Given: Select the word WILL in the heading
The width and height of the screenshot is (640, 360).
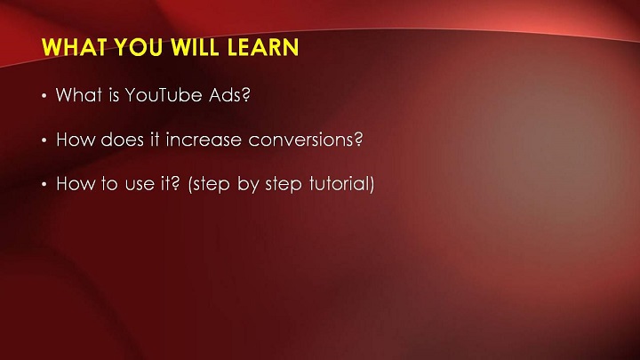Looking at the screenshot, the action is coord(195,47).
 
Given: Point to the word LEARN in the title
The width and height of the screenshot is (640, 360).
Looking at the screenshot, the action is coord(263,47).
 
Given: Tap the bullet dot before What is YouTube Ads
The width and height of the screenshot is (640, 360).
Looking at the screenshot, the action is coord(44,96).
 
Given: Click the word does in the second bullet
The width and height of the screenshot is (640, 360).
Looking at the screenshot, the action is coord(122,140).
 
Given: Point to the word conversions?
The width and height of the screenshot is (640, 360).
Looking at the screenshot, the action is coord(305,140).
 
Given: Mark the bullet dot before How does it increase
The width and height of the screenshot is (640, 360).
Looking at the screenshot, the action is coord(44,140).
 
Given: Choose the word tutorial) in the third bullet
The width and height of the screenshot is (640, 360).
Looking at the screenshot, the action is coord(341,184).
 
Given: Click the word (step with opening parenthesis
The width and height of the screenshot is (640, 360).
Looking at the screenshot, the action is coord(209,185).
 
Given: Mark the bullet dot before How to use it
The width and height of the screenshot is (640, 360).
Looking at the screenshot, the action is coord(44,185).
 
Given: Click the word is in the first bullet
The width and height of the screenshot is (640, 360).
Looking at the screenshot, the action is coord(114,95).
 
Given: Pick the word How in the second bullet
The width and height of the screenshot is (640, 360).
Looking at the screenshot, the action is coord(75,140).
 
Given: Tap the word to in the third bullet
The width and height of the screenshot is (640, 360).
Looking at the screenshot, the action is coord(109,184).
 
